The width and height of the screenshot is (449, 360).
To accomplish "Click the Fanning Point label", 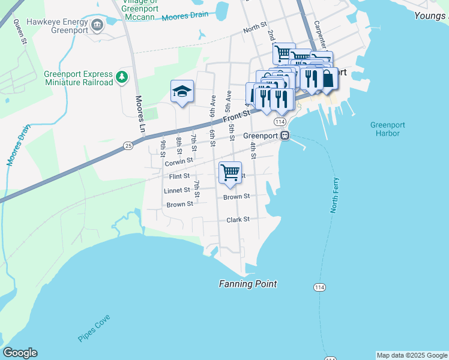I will coord(248,284).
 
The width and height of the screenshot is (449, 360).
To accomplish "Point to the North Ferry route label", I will coord(335,196).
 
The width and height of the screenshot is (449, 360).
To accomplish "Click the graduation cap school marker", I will coord(182,92).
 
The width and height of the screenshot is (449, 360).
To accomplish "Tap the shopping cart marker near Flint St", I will coord(230,173).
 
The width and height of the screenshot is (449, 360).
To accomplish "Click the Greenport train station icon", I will coord(286,136).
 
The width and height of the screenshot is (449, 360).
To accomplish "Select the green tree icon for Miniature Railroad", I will coord(122,77).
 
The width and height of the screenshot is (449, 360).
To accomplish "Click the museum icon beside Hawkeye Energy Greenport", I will coord(97,25).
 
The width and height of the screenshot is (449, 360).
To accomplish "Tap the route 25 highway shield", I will coord(128,145).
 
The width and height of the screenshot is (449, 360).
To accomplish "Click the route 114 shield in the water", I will coord(319,288).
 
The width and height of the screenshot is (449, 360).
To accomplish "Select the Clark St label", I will coord(238,220).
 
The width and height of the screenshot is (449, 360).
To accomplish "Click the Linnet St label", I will coord(176,191).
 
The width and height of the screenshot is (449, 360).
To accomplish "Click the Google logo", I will coord(20,353).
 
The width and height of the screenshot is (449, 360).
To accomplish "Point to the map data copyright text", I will coord(412,355).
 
